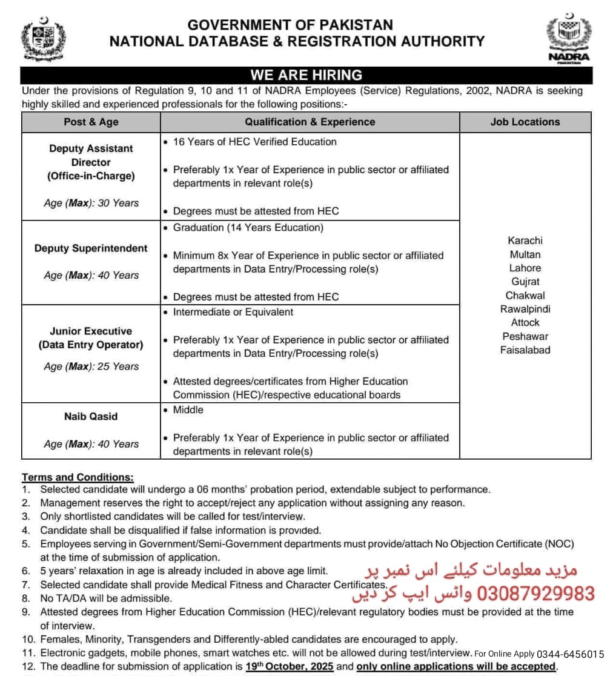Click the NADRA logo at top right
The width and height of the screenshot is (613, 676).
568,38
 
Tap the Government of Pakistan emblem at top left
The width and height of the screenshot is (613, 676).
43,39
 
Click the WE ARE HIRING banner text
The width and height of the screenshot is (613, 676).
306,75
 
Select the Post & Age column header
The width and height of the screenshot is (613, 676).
91,122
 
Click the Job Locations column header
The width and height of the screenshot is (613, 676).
525,122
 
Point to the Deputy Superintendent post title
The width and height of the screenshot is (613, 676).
91,248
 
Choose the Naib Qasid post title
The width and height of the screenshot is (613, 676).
91,416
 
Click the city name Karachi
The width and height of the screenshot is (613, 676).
525,240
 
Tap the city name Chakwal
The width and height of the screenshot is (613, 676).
525,296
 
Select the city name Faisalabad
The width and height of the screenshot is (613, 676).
525,350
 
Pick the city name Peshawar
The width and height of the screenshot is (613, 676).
525,336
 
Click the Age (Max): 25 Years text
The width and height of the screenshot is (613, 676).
91,366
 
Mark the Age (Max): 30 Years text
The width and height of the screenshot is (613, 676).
91,203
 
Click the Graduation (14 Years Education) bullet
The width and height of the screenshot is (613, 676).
248,228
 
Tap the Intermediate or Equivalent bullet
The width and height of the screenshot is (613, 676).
233,312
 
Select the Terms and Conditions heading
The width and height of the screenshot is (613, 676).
78,477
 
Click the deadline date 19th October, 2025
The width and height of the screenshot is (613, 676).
290,666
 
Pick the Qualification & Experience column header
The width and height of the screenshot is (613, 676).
310,122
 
